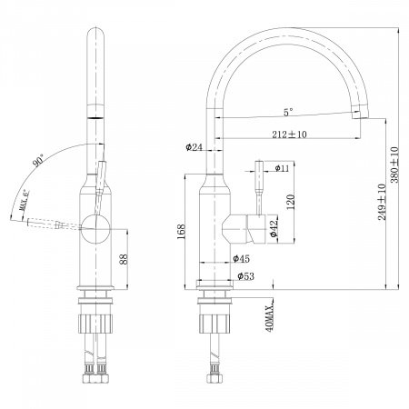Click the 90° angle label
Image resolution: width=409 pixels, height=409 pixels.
[38, 161]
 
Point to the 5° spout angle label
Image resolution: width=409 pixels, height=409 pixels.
[287, 114]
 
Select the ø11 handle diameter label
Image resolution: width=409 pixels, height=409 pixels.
[283, 168]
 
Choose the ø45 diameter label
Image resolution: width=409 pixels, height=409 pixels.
[241, 258]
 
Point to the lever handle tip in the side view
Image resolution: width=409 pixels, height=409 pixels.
[257, 166]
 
